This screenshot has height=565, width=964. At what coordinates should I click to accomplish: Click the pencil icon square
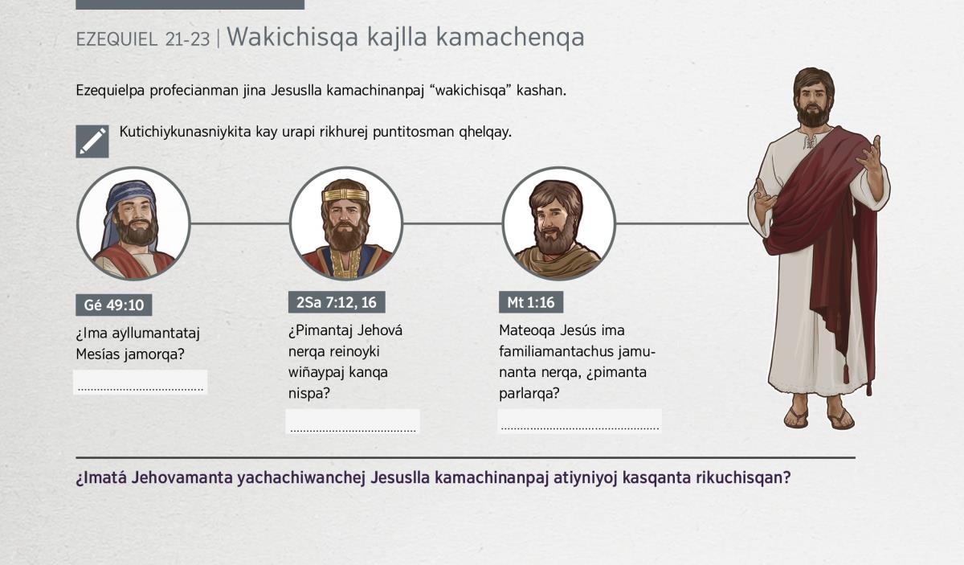[92, 141]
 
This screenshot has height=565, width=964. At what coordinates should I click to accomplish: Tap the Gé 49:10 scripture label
[113, 305]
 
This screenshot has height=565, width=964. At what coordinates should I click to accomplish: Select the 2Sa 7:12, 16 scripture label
[337, 302]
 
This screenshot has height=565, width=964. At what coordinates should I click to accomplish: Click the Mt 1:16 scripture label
[531, 302]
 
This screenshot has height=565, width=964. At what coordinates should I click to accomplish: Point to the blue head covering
[129, 203]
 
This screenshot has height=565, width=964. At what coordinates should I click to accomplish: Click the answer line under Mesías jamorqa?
[141, 390]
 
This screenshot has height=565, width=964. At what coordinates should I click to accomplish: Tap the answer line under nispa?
[353, 430]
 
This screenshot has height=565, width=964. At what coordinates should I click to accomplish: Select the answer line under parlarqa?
[580, 428]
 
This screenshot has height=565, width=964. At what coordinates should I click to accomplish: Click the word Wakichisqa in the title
[292, 37]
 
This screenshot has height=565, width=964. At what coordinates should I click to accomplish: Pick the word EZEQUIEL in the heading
[116, 39]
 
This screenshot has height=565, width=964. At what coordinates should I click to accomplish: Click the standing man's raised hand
[869, 155]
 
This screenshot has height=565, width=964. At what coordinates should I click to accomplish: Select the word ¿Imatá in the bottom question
[101, 478]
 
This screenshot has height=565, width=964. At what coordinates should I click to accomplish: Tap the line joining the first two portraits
[239, 223]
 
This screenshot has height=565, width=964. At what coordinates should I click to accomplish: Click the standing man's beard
[813, 115]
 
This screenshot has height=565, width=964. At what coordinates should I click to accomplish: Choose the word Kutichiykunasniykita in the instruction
[185, 132]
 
